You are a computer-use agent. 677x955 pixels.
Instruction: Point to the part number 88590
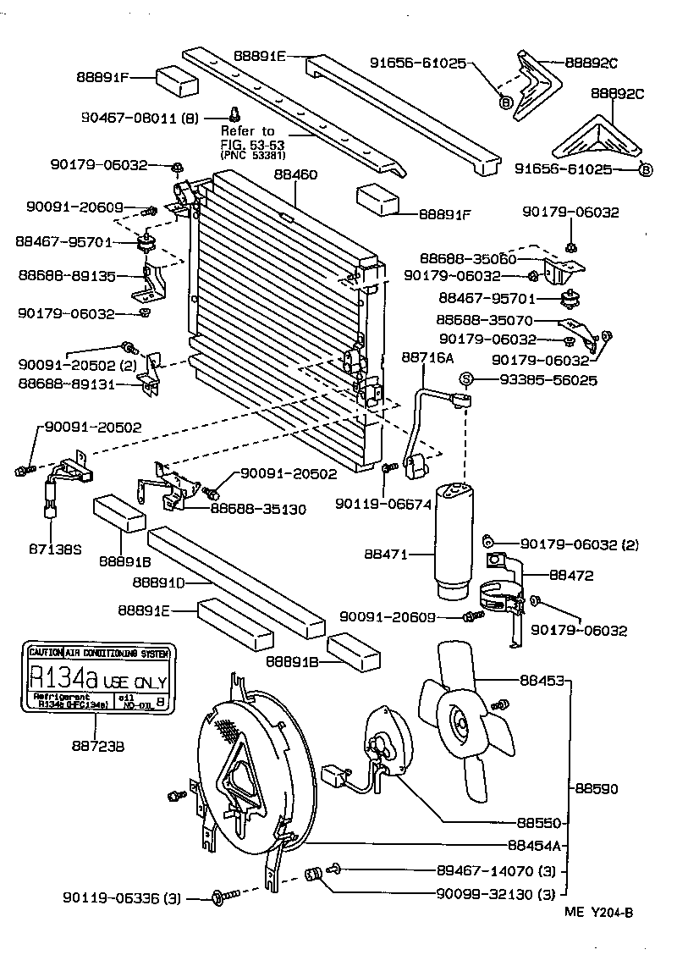[x=597, y=788]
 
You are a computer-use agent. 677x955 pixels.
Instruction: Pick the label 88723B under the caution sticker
[x=96, y=747]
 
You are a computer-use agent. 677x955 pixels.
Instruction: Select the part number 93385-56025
[x=540, y=380]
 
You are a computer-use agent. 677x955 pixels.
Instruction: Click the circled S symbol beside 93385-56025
[x=465, y=380]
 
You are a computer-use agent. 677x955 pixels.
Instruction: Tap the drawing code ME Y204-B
[x=598, y=912]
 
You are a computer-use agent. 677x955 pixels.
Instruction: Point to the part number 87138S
[x=54, y=549]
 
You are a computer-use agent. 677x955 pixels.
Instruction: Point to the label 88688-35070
[x=485, y=321]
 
